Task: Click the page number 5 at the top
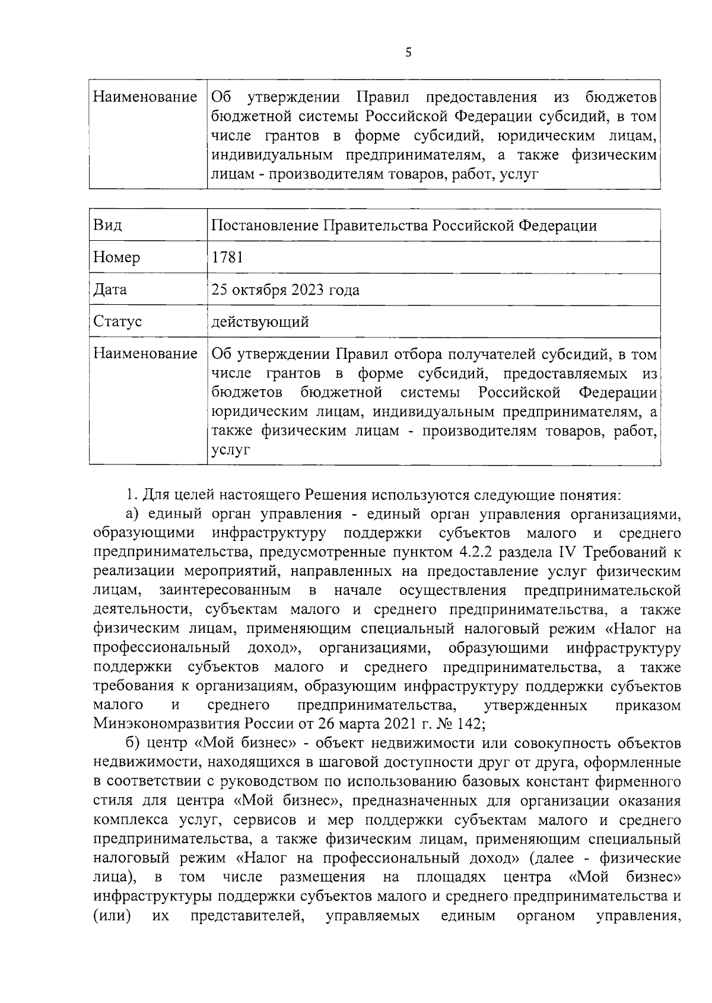(408, 53)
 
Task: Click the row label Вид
(107, 225)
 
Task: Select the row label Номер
(117, 257)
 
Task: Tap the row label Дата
(110, 289)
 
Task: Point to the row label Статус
(117, 321)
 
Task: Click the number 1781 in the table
(227, 257)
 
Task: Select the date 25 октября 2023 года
(285, 289)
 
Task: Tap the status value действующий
(260, 322)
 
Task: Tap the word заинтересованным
(225, 590)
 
